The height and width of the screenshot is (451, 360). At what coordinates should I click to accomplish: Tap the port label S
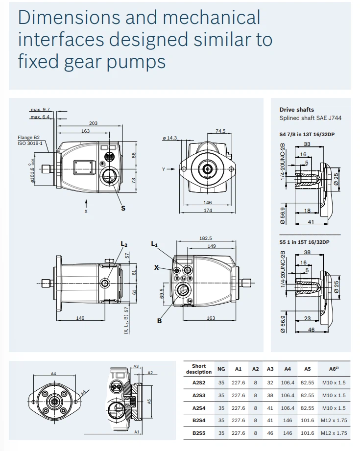point(123,208)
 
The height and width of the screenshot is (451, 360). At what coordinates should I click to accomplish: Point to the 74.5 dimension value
point(220,131)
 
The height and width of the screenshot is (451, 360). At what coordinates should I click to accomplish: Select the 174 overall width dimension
point(208,211)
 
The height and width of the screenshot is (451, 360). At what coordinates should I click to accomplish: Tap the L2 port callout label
point(124,244)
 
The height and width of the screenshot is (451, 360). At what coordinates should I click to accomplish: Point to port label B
point(159,321)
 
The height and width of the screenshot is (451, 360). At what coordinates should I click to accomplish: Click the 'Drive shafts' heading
point(296,110)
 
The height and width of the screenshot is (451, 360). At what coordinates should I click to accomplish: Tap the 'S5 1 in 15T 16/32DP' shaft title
point(304,242)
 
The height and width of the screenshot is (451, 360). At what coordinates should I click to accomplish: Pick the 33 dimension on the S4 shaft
point(307,144)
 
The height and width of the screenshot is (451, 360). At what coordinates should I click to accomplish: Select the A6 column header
point(334,369)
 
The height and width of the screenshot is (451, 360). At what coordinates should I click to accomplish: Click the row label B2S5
point(198,433)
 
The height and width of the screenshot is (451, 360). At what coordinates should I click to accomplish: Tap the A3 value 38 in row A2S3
point(270,395)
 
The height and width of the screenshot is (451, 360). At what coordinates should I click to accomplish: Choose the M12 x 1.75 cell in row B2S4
point(334,420)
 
